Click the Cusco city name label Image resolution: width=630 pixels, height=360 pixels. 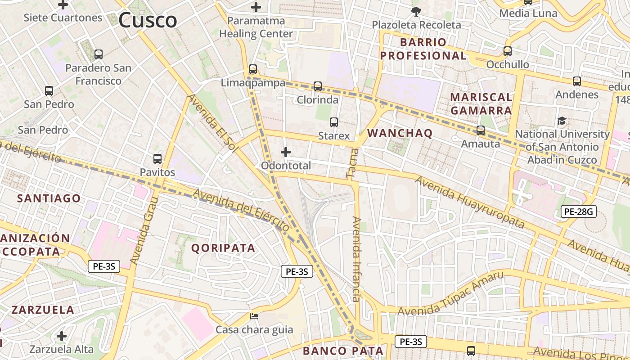(148, 20)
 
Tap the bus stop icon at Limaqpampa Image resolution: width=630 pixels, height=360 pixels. (253, 69)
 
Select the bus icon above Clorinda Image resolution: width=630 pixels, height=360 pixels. (318, 86)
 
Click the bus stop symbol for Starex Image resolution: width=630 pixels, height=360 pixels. (334, 122)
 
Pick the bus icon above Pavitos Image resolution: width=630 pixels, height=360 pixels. (157, 158)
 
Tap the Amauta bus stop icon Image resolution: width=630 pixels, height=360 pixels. (481, 130)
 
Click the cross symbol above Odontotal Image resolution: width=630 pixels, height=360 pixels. (286, 152)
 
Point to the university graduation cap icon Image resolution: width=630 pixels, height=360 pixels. (562, 121)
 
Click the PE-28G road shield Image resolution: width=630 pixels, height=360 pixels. (578, 211)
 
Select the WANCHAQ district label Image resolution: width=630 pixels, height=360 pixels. (400, 133)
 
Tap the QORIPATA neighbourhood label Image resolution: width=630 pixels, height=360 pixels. (223, 248)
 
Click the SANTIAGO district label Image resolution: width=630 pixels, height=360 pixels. (49, 198)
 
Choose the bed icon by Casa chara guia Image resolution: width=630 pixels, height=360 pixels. (254, 316)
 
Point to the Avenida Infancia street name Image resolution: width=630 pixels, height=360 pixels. (356, 259)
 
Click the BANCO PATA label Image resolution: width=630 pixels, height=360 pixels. (343, 351)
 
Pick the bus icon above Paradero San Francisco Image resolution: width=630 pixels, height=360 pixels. (99, 54)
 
